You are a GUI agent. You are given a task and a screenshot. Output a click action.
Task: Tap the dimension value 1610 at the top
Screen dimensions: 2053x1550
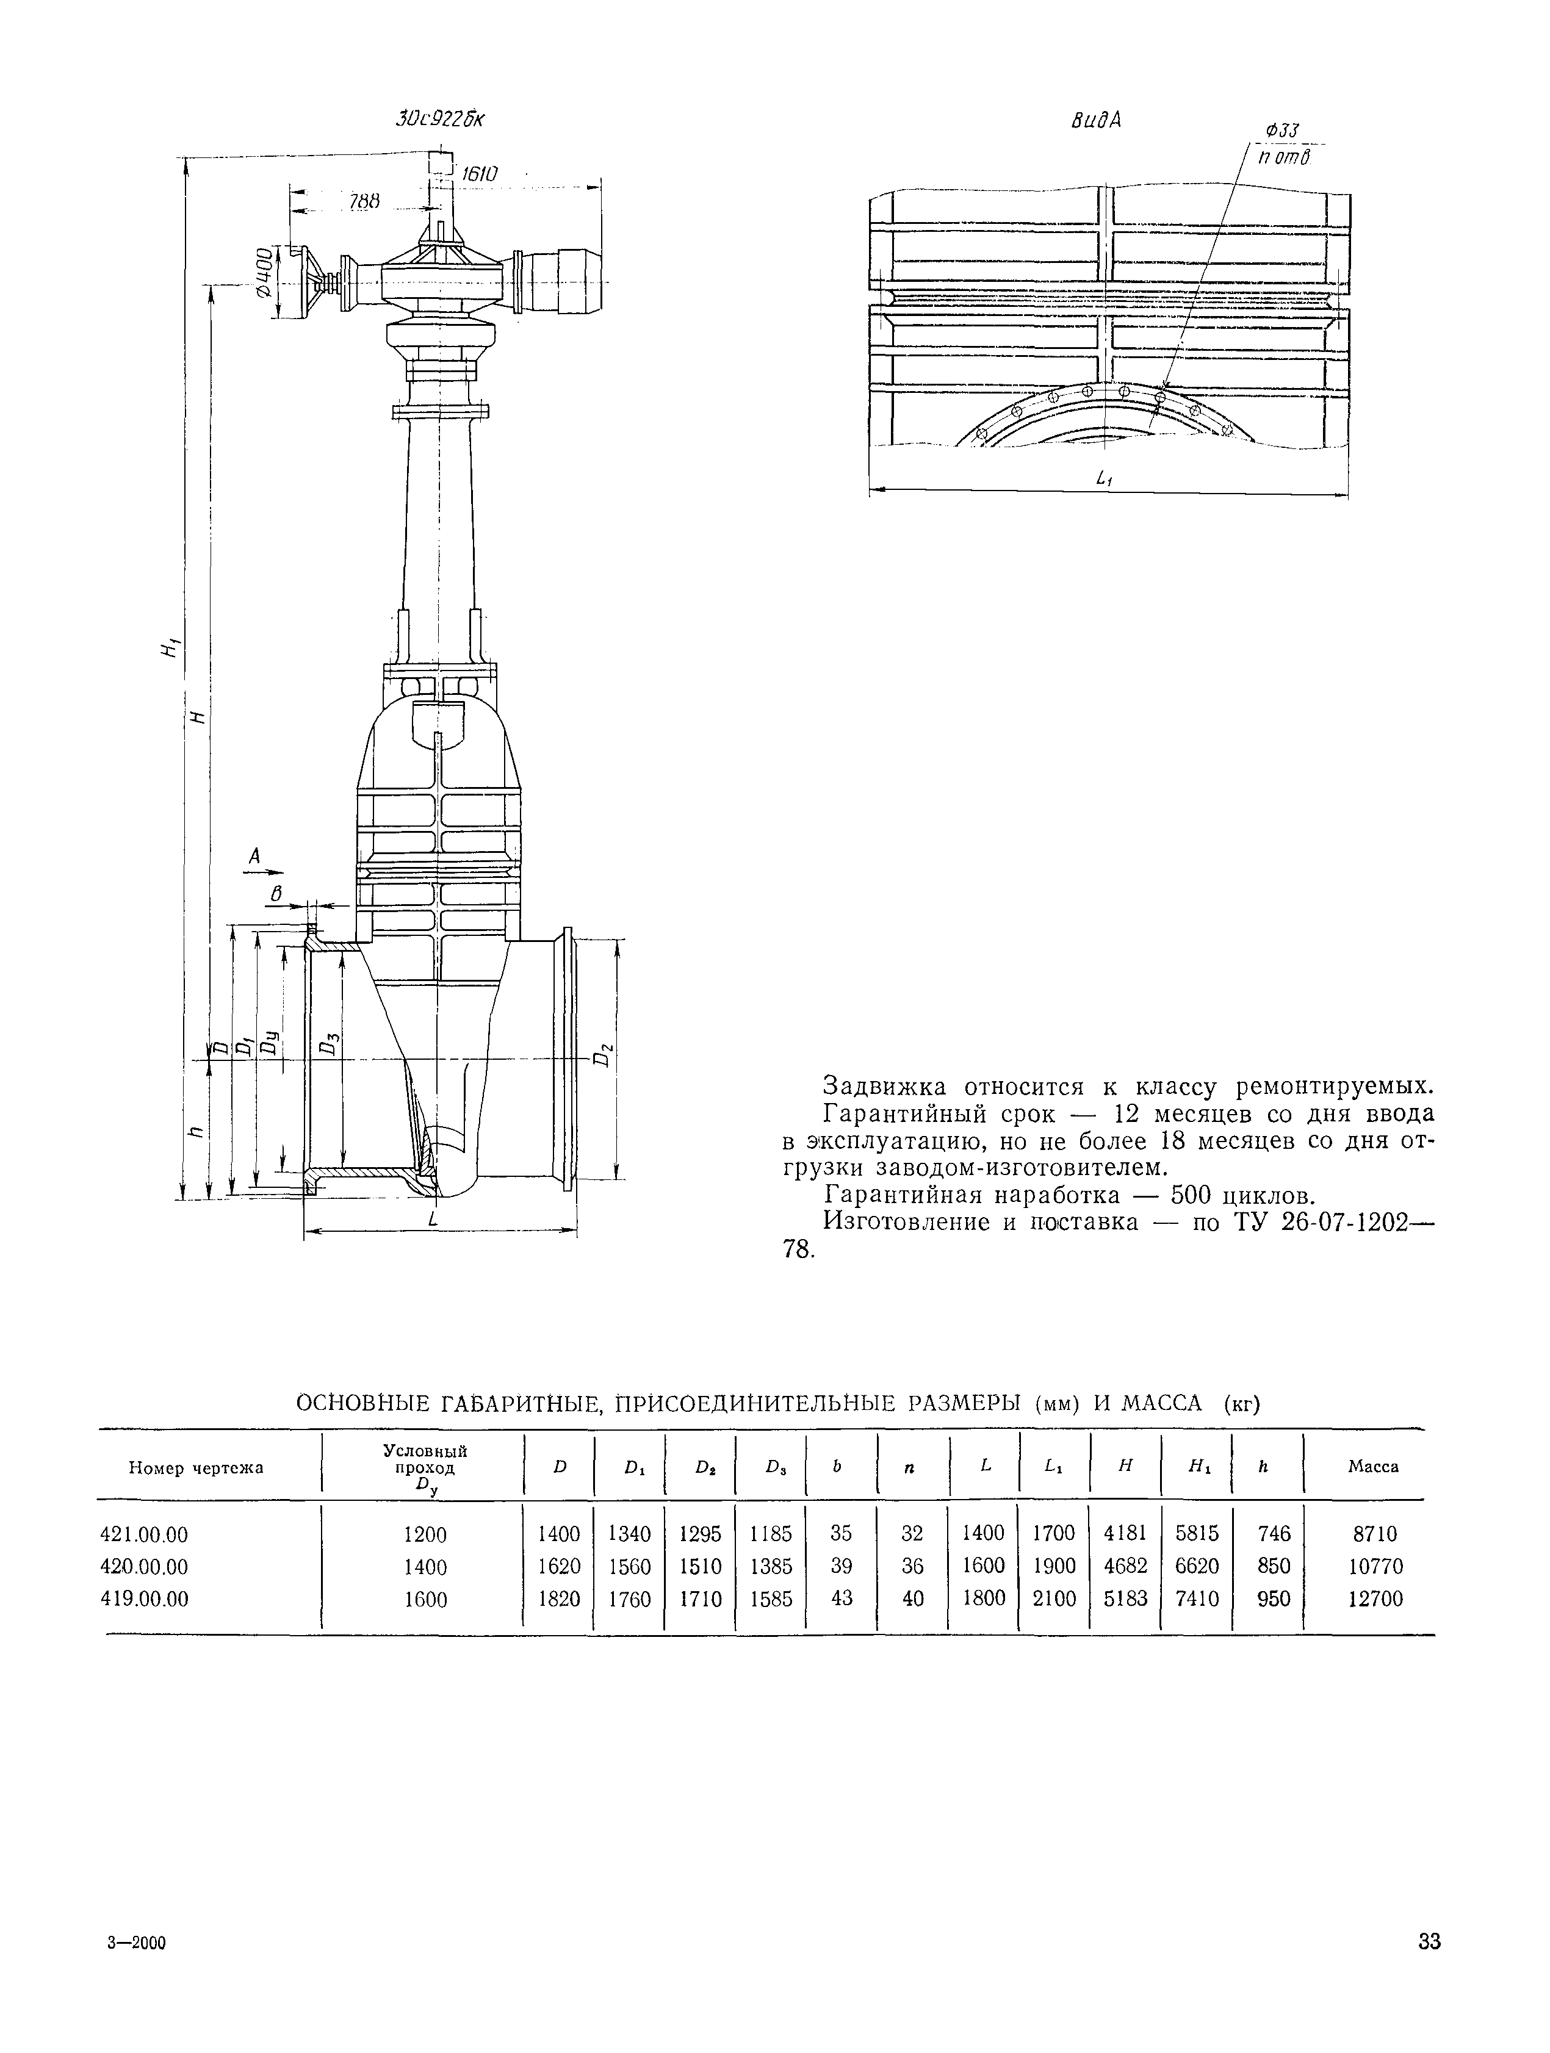pos(479,174)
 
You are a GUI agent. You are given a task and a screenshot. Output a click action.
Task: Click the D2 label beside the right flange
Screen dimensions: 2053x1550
pos(604,1055)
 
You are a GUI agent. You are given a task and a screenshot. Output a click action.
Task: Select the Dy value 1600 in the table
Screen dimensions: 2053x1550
pos(425,1599)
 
